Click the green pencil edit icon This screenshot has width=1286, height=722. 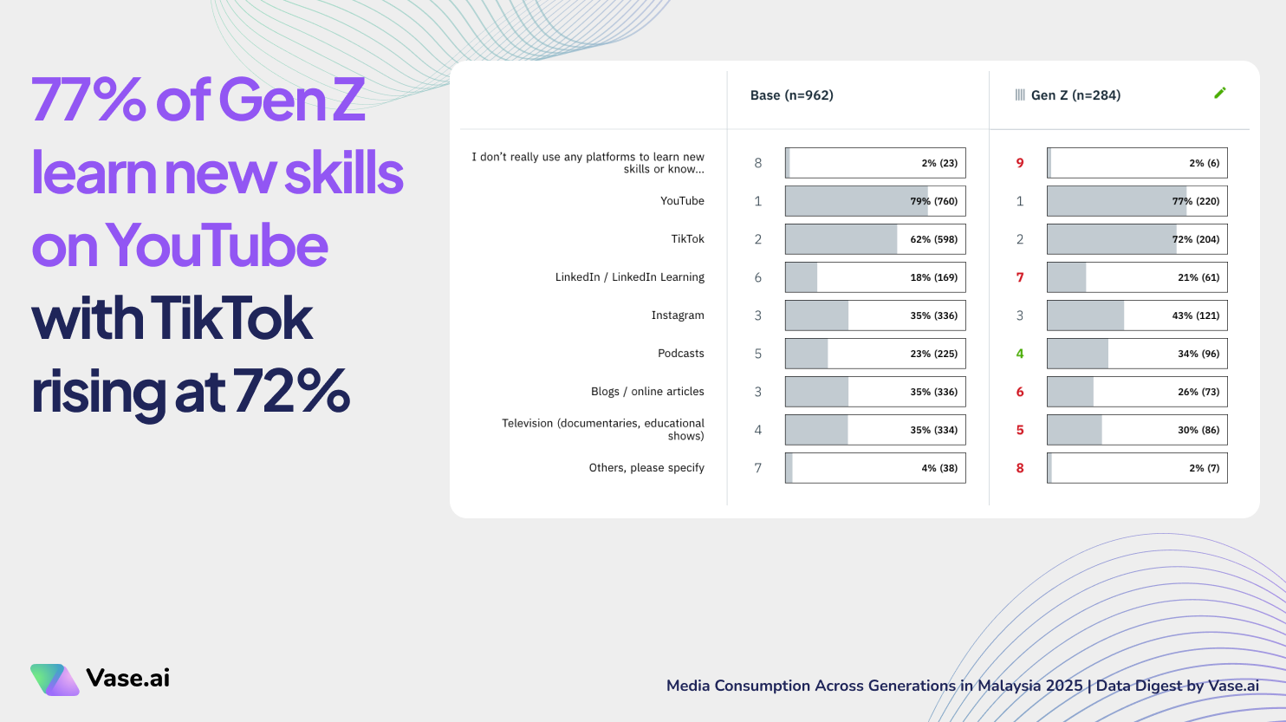1220,93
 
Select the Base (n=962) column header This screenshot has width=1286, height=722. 791,95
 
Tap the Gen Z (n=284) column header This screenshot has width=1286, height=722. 1075,95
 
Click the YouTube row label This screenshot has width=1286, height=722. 682,201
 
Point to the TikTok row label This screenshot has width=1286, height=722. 687,239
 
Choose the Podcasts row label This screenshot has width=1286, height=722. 680,354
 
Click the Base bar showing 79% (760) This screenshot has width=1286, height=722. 874,201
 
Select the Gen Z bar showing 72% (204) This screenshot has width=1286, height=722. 1136,239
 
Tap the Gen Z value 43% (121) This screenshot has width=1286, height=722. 1195,315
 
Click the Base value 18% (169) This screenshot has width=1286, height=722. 933,277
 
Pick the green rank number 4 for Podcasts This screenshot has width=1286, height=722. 1020,354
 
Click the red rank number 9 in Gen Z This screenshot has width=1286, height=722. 1020,163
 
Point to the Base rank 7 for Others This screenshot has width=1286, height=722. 758,468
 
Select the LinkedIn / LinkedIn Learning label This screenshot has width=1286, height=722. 629,277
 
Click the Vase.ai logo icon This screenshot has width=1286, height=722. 55,680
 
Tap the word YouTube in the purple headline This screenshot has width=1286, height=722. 217,246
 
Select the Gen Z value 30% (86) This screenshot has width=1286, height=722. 1198,430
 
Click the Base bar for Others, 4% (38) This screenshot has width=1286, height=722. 874,468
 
